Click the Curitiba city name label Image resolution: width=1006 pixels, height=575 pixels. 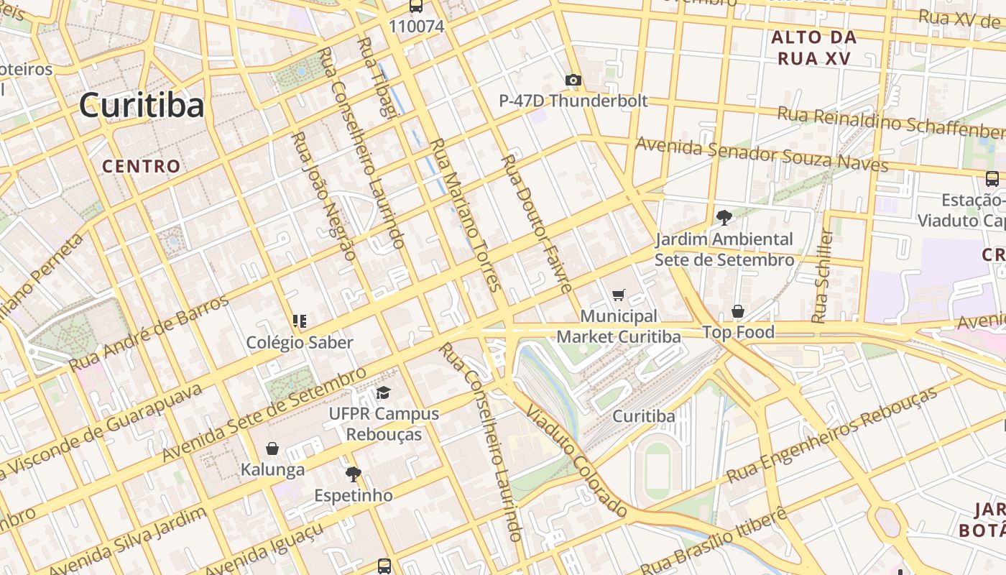click(142, 105)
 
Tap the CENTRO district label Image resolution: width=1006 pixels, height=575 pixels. click(142, 166)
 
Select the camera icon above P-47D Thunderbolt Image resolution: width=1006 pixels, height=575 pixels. click(573, 80)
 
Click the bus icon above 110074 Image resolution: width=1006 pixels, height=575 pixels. click(416, 6)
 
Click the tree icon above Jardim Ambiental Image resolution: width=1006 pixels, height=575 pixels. click(724, 217)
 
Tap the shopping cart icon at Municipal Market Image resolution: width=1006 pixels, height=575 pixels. click(618, 295)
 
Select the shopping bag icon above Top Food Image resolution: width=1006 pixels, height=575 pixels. click(738, 311)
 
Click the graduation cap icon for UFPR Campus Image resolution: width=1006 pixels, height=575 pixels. click(384, 393)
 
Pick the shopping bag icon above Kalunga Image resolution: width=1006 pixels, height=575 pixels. click(272, 448)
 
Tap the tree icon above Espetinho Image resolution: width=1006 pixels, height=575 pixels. click(353, 474)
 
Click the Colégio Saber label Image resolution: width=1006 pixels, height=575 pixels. click(300, 342)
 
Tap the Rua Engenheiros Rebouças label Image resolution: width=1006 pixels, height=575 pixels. click(832, 435)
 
